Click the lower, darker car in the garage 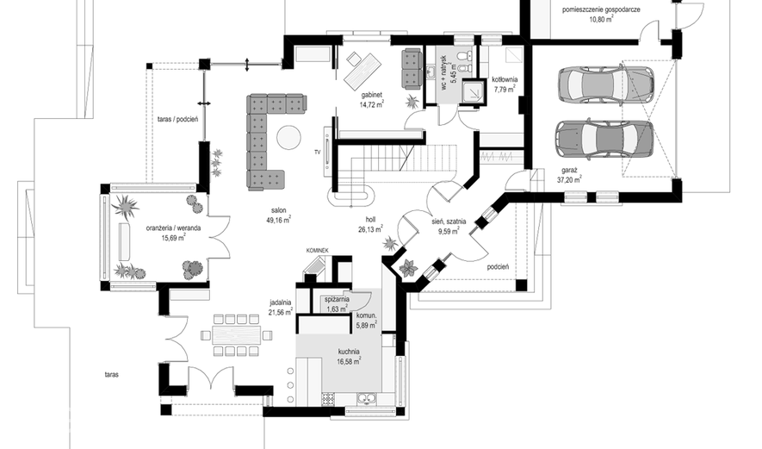(x=604, y=139)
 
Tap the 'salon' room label (x=278, y=210)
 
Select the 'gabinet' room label (x=372, y=95)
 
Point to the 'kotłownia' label (x=505, y=79)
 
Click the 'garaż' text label (x=569, y=171)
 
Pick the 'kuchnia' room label (x=349, y=352)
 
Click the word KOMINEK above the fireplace (x=318, y=251)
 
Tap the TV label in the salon (x=318, y=153)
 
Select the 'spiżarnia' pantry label (x=337, y=300)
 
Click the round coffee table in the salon (x=289, y=138)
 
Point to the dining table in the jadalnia (x=236, y=335)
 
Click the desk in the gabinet (x=362, y=70)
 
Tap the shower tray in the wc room (x=473, y=91)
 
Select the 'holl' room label (x=370, y=220)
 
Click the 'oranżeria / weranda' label (x=173, y=228)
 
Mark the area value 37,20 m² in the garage (x=569, y=179)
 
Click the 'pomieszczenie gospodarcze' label (x=601, y=9)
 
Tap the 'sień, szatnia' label (x=449, y=221)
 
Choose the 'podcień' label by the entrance (x=498, y=266)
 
